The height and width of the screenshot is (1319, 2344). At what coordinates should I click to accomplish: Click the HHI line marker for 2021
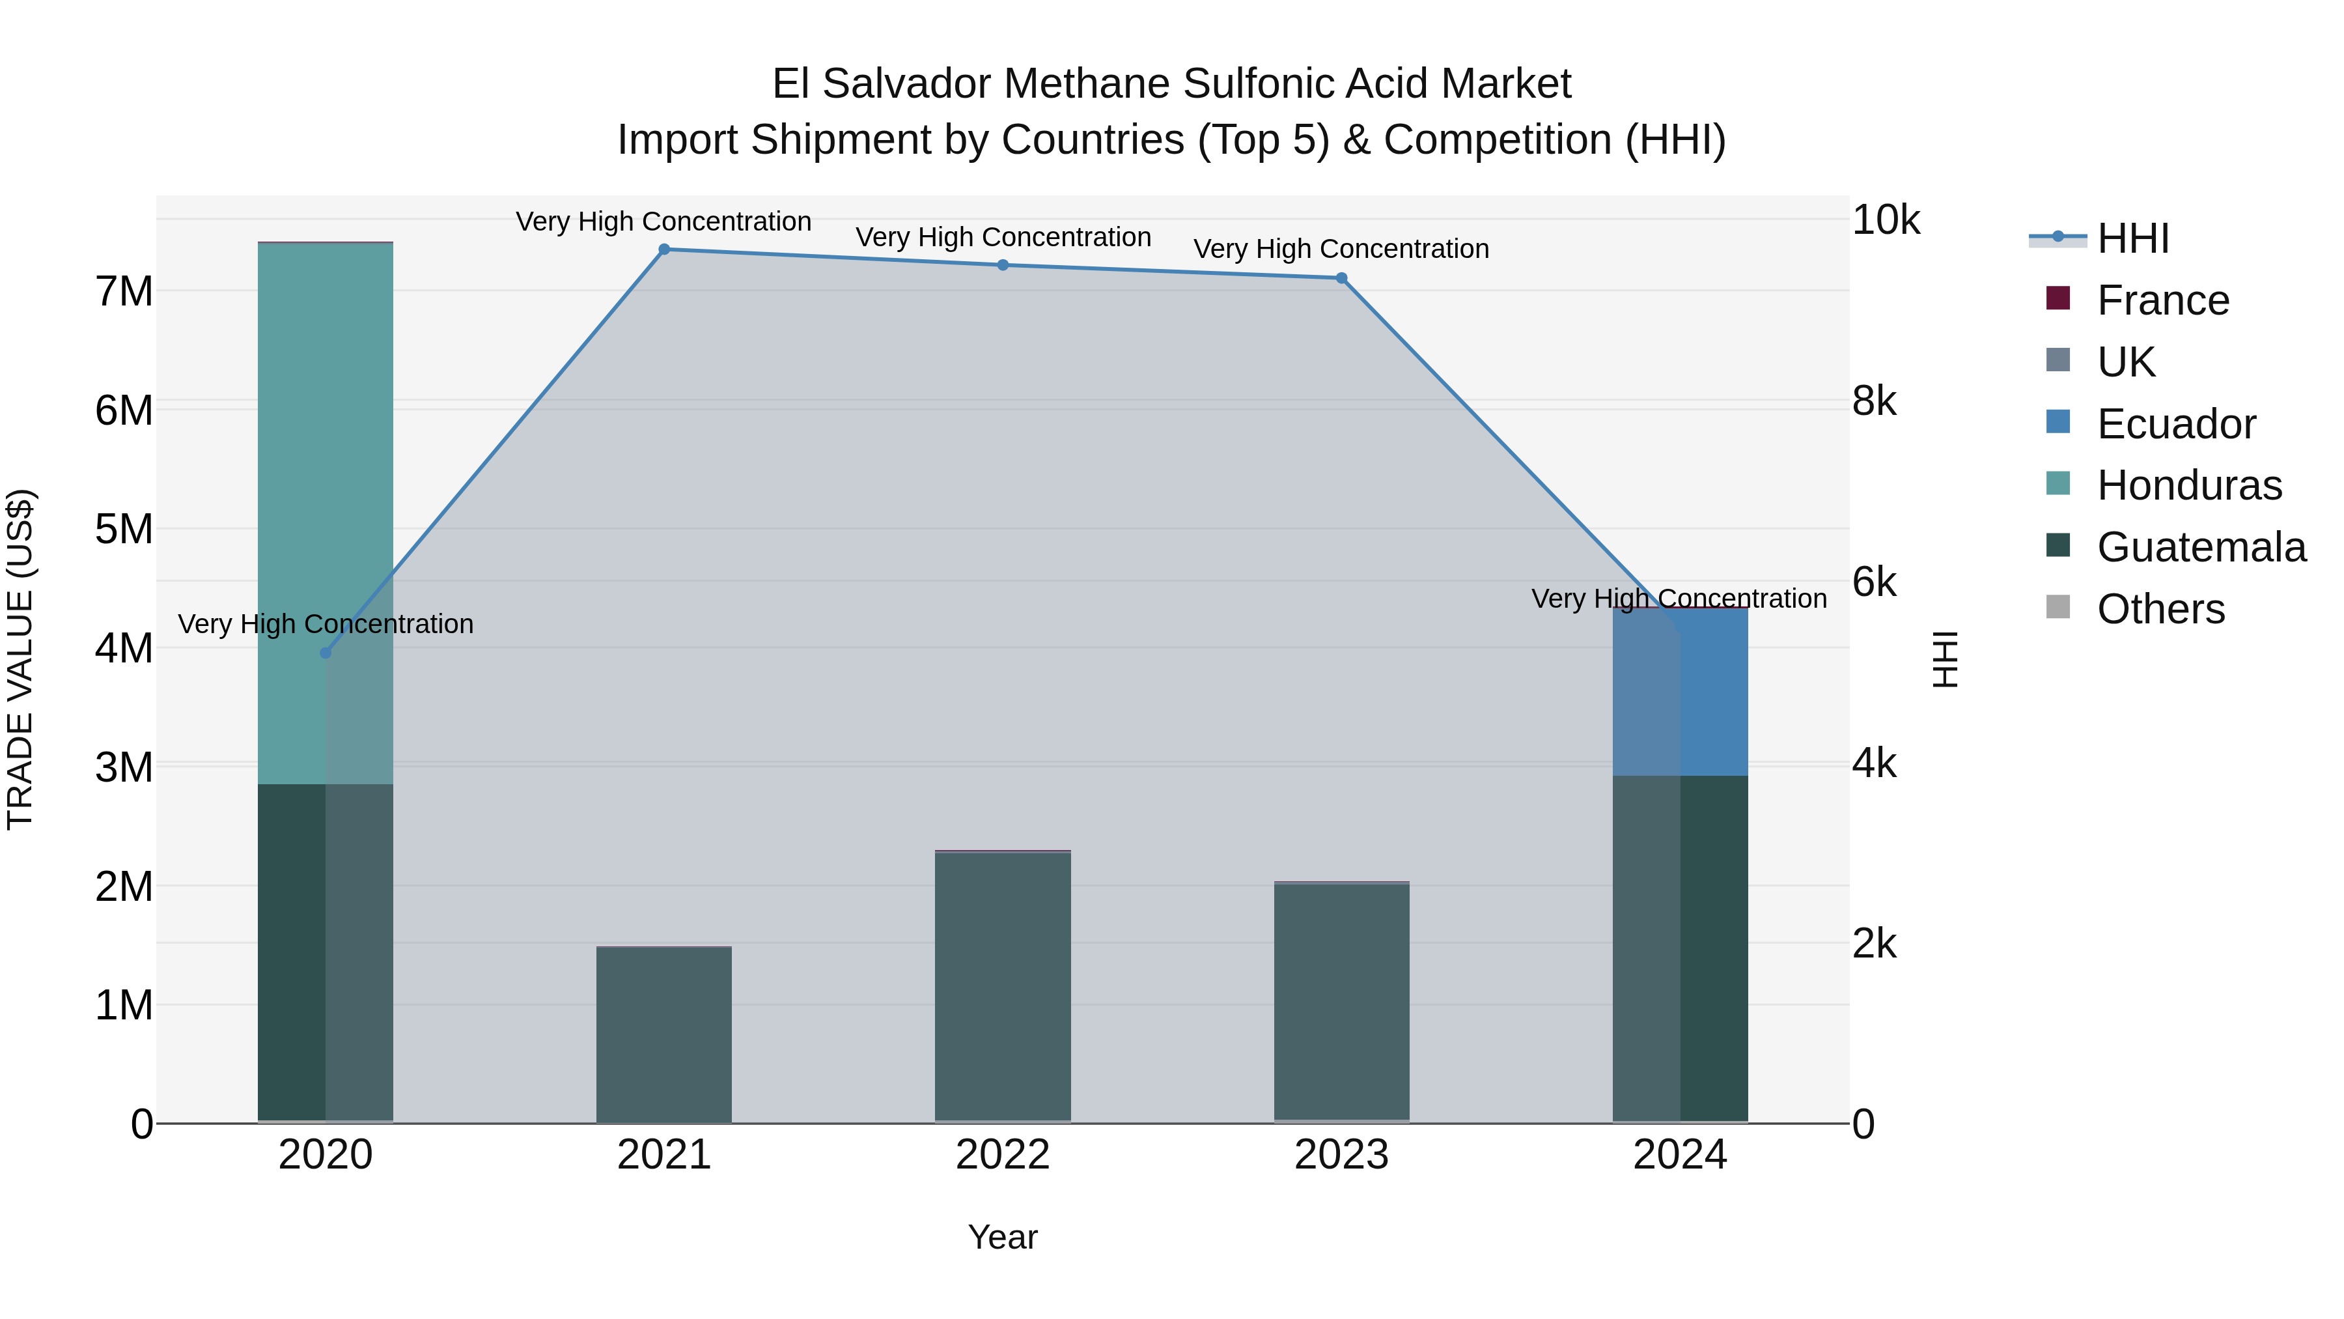tap(664, 249)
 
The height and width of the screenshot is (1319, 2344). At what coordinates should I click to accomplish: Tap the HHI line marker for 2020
tap(326, 653)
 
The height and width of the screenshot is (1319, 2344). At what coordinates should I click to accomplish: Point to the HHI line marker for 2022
tap(1003, 265)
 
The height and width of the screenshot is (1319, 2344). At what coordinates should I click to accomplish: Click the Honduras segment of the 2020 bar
tap(326, 510)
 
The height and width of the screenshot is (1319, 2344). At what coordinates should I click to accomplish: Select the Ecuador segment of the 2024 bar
tap(1680, 692)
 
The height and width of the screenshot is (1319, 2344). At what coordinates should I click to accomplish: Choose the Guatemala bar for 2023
tap(1341, 1001)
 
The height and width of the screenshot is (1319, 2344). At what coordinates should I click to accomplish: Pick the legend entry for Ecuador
tap(2175, 424)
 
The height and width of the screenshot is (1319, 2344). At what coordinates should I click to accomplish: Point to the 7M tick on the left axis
tap(124, 291)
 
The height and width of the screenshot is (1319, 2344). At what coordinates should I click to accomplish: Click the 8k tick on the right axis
tap(1875, 401)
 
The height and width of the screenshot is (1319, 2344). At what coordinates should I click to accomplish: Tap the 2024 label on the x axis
tap(1680, 1155)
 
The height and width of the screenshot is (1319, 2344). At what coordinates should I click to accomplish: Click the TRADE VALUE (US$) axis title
tap(20, 659)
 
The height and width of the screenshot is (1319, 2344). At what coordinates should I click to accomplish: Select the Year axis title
tap(1003, 1237)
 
